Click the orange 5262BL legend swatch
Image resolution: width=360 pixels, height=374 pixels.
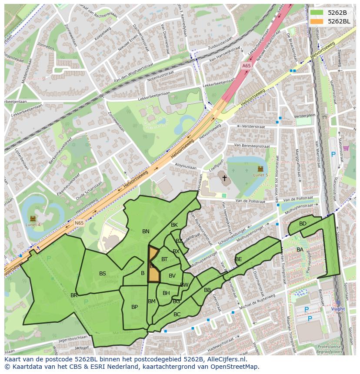point(317,21)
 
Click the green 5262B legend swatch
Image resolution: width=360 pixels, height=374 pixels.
point(317,13)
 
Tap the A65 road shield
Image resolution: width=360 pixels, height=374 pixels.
point(246,66)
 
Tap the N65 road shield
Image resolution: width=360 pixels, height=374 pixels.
point(79,223)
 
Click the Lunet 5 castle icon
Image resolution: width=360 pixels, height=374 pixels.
point(260,169)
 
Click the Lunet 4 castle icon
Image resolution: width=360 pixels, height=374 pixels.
point(33,218)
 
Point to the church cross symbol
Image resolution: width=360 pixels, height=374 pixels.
point(224,178)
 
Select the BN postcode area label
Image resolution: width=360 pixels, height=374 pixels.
point(146,232)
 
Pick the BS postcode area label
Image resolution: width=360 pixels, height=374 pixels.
point(103,274)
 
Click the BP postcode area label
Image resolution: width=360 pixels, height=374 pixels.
point(134,307)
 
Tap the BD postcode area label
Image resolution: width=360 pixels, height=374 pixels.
point(303,224)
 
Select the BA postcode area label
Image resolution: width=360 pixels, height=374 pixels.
point(300,250)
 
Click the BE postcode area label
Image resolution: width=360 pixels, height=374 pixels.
point(238,259)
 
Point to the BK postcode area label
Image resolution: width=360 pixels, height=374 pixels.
point(174,225)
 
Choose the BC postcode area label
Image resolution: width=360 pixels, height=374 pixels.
point(177,314)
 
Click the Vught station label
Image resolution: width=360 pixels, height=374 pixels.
point(338,309)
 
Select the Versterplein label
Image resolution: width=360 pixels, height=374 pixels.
point(304,116)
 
